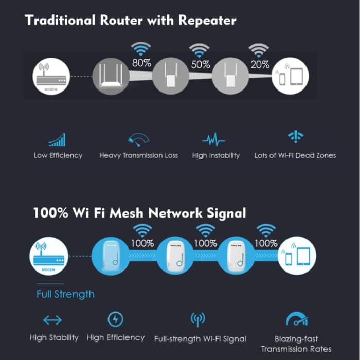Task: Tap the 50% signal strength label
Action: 200,65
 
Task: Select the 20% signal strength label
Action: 260,65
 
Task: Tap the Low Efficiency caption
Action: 58,155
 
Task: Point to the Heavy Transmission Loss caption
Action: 138,155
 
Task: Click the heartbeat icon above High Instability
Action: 213,139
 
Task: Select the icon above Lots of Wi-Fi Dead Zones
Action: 295,137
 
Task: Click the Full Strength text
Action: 65,294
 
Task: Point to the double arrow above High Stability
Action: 52,321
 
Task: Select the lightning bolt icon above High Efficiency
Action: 115,320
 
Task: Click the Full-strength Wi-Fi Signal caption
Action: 200,338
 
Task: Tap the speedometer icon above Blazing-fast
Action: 296,320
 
